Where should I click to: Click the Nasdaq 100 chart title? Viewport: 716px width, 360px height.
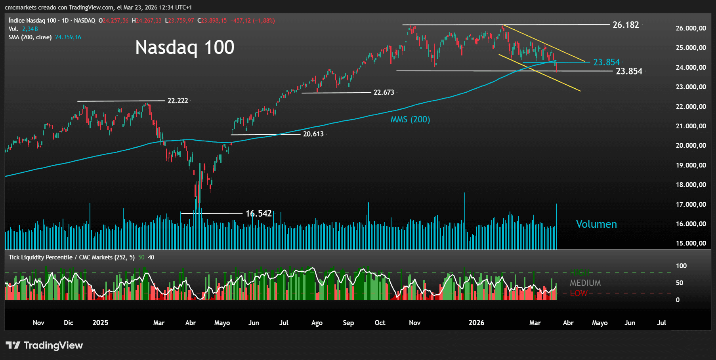tap(185, 48)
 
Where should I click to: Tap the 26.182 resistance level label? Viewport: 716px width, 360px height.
tap(626, 25)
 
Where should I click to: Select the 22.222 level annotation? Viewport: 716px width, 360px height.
tap(178, 101)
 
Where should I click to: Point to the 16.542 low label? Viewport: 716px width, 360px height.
tap(259, 213)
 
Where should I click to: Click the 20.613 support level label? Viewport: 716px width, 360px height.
tap(313, 134)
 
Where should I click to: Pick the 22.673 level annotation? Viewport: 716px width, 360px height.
tap(384, 92)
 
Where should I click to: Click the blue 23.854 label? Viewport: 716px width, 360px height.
tap(606, 62)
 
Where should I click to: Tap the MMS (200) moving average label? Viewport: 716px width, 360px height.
tap(410, 120)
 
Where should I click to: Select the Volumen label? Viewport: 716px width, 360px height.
tap(596, 224)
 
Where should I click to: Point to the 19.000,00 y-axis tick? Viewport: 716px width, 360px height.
tap(691, 165)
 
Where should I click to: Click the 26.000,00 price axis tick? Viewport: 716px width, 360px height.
tap(691, 28)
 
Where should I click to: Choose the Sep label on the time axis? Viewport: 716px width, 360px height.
tap(348, 323)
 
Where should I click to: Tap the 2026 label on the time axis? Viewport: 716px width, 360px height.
tap(476, 323)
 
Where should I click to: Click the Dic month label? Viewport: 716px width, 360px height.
tap(69, 323)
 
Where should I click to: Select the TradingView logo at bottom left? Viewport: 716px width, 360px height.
tap(44, 345)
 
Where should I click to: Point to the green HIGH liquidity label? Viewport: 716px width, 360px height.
tap(580, 272)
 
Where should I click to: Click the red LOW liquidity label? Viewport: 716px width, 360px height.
tap(579, 293)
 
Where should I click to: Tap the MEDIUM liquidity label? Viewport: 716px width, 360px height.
tap(585, 283)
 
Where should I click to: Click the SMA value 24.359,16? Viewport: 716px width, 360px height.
tap(68, 37)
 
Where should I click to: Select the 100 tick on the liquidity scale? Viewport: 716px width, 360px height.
tap(681, 266)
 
